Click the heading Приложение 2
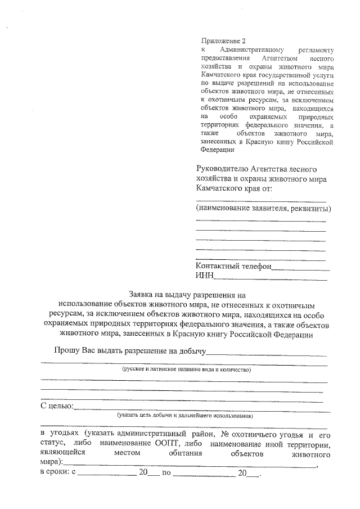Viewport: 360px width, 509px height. (223, 40)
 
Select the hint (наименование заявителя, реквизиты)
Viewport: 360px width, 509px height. (263, 209)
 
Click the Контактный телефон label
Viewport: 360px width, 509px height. (233, 266)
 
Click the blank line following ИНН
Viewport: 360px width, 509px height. (271, 277)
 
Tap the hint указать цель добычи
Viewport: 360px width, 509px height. (184, 416)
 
